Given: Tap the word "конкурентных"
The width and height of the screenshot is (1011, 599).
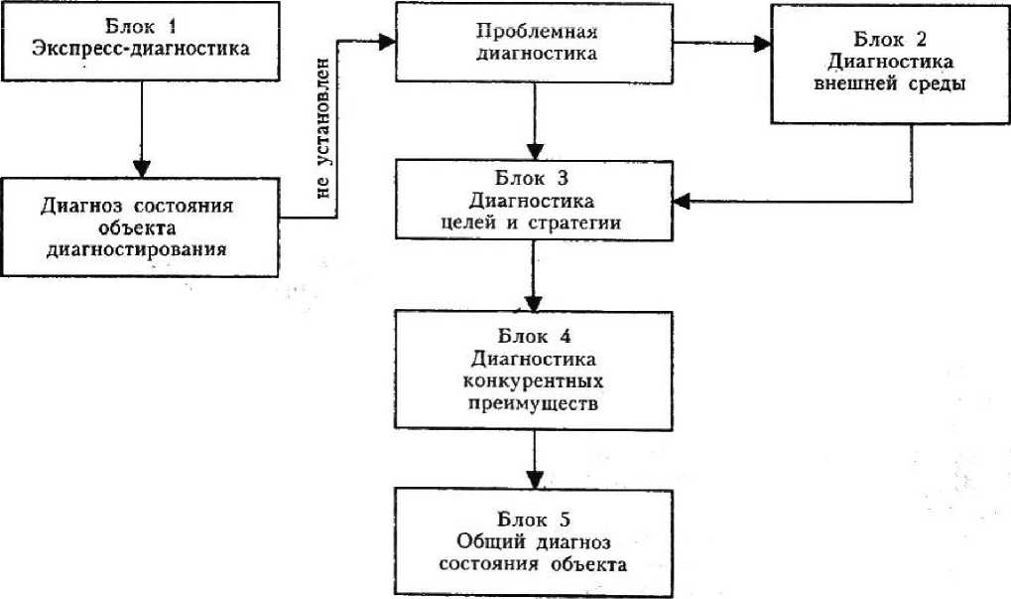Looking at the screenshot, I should [534, 381].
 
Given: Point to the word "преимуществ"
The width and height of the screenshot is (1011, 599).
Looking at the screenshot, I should [534, 405].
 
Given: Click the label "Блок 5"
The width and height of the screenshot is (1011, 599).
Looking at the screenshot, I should [535, 519].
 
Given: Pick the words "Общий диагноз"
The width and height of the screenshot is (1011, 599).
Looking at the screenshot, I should [535, 542].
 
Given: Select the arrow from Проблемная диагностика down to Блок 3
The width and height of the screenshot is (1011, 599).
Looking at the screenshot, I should [535, 119].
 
